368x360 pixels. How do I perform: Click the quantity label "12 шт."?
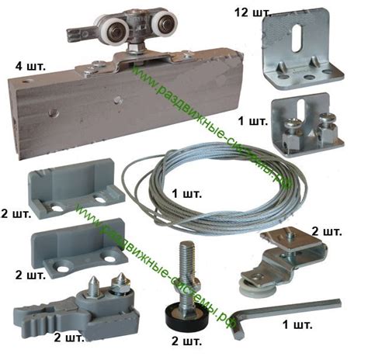tap(253, 12)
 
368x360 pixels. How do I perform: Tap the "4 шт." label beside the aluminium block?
tap(30, 67)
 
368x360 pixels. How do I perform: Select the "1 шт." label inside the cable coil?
tap(187, 194)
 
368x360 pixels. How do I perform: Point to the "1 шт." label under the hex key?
tap(297, 324)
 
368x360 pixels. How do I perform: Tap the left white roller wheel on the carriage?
tap(115, 29)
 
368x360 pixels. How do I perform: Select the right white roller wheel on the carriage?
tap(165, 24)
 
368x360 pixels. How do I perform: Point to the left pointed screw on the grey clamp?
tap(94, 286)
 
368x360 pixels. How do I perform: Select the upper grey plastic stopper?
tap(76, 189)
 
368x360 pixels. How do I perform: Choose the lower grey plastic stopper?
tap(79, 247)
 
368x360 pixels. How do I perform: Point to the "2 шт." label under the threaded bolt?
tap(186, 341)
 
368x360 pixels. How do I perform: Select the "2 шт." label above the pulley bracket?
tap(327, 231)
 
